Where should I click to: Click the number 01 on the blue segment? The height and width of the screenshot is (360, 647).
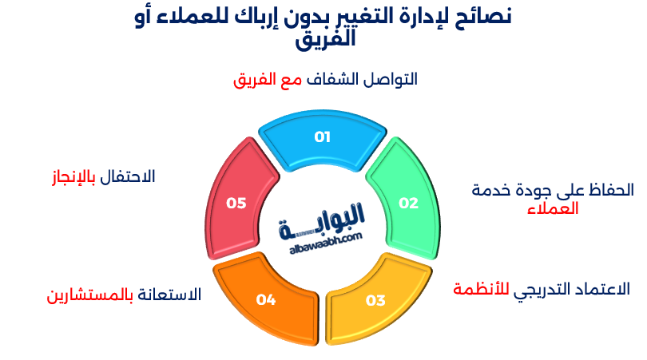pyautogui.click(x=322, y=137)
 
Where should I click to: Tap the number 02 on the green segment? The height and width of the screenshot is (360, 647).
pyautogui.click(x=408, y=203)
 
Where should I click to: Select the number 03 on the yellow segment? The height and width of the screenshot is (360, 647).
pyautogui.click(x=375, y=300)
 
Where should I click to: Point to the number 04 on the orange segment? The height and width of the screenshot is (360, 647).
pyautogui.click(x=266, y=299)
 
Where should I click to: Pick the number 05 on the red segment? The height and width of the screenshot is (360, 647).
pyautogui.click(x=236, y=203)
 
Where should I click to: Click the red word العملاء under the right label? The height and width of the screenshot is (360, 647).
pyautogui.click(x=553, y=209)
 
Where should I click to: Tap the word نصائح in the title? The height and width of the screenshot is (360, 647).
pyautogui.click(x=484, y=16)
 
